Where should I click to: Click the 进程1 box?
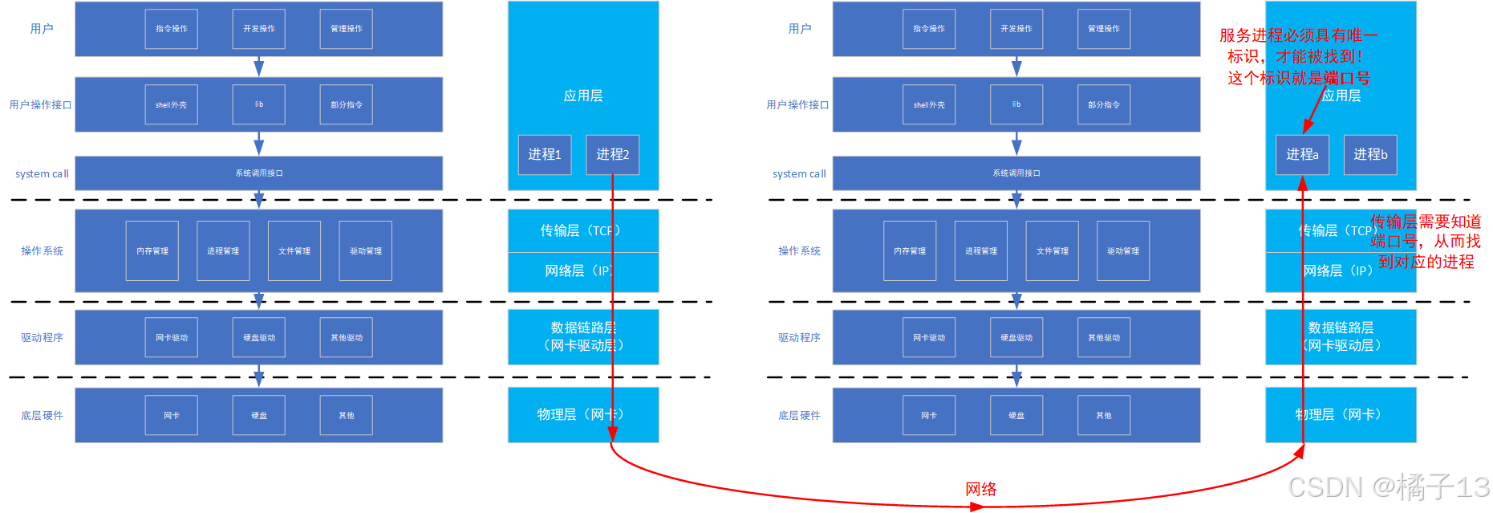(544, 155)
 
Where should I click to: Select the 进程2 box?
(612, 155)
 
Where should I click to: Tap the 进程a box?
(1302, 155)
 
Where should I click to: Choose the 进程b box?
(1370, 155)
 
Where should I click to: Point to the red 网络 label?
(980, 489)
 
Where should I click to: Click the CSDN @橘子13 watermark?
(1388, 487)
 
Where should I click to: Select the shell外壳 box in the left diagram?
(171, 104)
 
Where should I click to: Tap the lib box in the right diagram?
(1016, 104)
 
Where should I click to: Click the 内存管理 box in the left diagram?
(152, 251)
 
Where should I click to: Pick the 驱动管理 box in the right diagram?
(1123, 251)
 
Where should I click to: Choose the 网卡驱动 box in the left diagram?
(171, 338)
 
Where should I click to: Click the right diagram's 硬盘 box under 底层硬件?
(1016, 415)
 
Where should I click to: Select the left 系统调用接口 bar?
(258, 173)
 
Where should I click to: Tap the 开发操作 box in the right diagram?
(1016, 29)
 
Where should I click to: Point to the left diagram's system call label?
(42, 174)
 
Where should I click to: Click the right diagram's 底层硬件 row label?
(799, 415)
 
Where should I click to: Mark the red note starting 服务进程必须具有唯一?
(1298, 56)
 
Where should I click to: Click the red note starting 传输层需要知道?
(1425, 242)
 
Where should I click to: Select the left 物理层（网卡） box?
(583, 415)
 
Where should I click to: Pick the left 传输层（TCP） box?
(583, 230)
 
